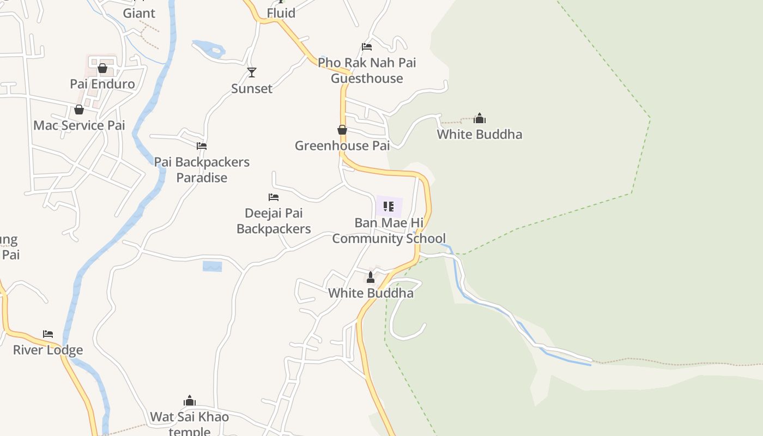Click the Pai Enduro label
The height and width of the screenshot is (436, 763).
tap(102, 84)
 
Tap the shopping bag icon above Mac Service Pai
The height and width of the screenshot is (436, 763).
tap(79, 110)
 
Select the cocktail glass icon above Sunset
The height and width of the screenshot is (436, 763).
tap(251, 72)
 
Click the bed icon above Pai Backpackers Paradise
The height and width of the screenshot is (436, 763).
tap(202, 146)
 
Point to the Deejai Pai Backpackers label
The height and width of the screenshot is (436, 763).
tap(274, 221)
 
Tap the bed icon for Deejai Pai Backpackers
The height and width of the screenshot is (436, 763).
tap(274, 197)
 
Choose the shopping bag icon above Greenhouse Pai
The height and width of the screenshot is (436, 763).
tap(342, 130)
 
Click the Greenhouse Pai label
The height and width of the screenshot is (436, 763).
tap(342, 146)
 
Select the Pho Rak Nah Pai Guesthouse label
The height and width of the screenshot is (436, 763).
tap(367, 70)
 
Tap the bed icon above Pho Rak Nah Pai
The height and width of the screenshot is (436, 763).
tap(367, 47)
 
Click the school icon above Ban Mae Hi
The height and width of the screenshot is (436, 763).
tap(389, 207)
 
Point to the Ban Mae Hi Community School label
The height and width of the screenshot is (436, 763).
tap(389, 231)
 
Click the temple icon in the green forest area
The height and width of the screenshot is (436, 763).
tap(480, 118)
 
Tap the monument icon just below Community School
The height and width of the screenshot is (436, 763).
tap(371, 277)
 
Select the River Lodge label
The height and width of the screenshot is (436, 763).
tap(48, 350)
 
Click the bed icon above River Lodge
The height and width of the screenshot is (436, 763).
tap(48, 334)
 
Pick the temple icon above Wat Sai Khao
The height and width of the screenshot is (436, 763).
tap(190, 401)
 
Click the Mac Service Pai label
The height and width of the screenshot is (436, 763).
tap(79, 125)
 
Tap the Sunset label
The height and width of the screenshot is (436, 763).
tap(251, 88)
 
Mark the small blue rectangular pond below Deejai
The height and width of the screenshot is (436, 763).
tap(213, 267)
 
